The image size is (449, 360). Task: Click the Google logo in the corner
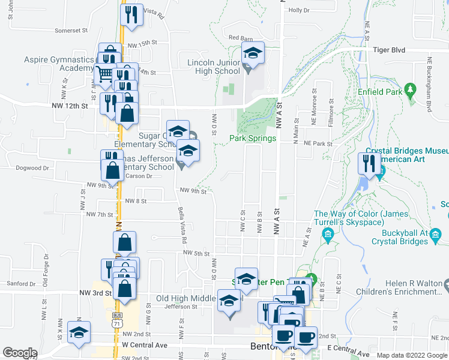(20, 353)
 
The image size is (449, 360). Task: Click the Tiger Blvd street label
(389, 50)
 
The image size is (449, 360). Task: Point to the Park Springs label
(253, 138)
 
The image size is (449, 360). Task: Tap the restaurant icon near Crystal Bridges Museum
(369, 163)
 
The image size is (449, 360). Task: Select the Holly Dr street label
(298, 11)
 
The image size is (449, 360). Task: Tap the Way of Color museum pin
(328, 233)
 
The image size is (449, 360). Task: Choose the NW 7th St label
(100, 214)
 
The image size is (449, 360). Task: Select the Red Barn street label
(241, 38)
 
